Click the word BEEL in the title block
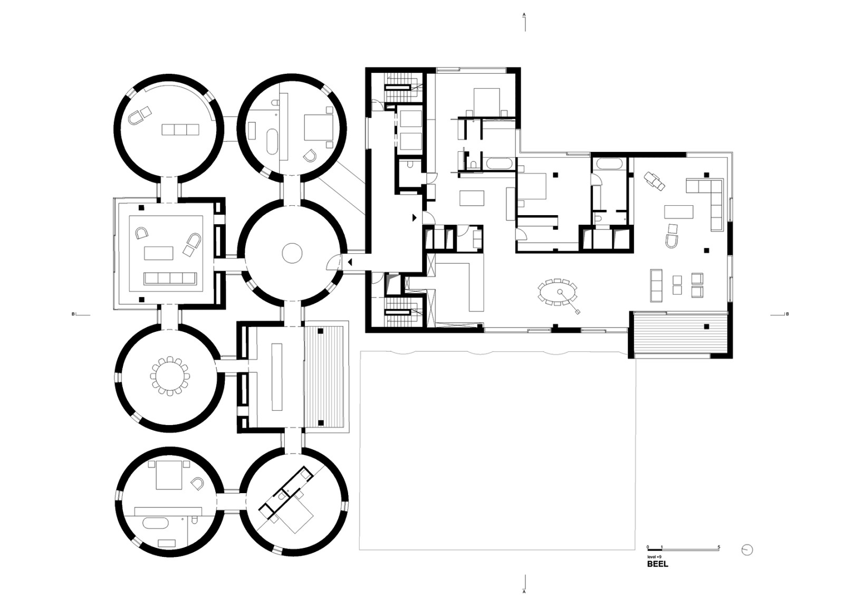(657, 574)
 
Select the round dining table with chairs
(170, 376)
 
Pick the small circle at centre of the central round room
(292, 253)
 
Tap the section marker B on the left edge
(73, 314)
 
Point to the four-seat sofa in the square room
(170, 278)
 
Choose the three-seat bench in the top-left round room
(180, 130)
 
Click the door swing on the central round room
(333, 262)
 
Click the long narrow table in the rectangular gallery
(277, 377)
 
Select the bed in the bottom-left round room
(169, 475)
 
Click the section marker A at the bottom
(524, 591)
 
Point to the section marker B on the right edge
(787, 314)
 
